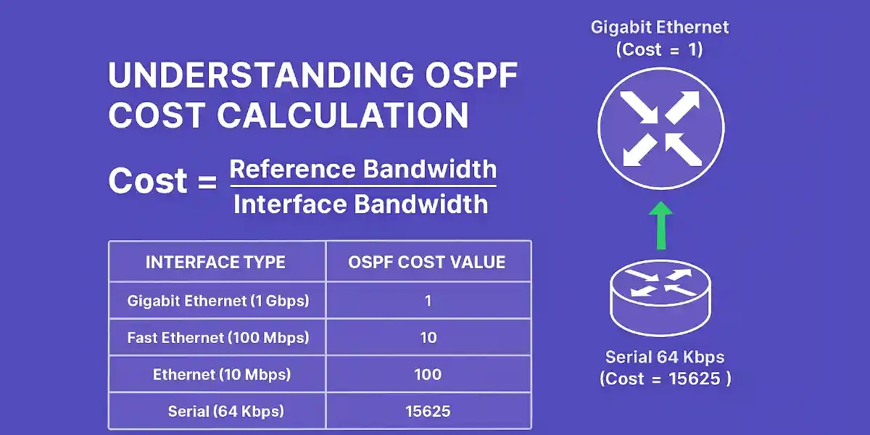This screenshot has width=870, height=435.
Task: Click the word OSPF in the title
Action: coord(471,75)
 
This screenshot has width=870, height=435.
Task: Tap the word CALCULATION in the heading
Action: coord(342,115)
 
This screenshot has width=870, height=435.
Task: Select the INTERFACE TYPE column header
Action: coord(215,262)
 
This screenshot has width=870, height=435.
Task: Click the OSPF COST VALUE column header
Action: coord(426,262)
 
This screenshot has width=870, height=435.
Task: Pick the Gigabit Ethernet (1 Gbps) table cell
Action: coord(218,301)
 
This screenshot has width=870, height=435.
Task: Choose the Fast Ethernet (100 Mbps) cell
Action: coord(218,338)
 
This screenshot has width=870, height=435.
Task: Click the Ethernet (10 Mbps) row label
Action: coord(222,375)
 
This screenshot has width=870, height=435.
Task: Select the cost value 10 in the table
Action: coord(428,338)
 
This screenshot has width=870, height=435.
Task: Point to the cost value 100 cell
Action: coord(428,375)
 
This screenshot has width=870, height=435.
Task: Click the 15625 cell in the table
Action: coord(428,411)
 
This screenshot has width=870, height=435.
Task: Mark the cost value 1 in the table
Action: coord(428,301)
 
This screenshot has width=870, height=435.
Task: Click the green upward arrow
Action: coord(660,225)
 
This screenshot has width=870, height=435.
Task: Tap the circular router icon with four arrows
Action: coord(660,128)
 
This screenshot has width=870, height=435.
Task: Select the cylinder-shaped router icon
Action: coord(660,297)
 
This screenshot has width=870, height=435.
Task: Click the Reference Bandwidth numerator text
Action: coord(363,169)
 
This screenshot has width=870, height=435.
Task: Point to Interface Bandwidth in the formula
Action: coord(361,204)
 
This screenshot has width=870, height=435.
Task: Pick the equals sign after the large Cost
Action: coord(207,181)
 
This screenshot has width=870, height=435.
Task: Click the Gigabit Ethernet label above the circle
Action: coord(660,28)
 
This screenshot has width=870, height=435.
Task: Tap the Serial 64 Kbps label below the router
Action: coord(665,357)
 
